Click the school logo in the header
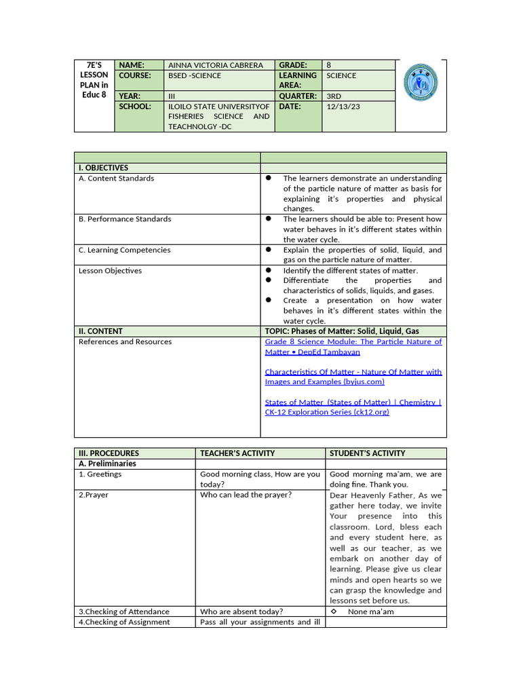point(420,83)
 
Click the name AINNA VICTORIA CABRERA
point(215,65)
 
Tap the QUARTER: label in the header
point(298,96)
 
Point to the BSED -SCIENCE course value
point(195,75)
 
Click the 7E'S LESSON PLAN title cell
point(94,79)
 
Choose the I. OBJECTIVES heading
point(104,168)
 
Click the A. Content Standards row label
point(116,179)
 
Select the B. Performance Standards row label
point(125,219)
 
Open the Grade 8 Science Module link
point(353,347)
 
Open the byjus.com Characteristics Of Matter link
point(353,377)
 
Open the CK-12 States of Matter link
point(353,407)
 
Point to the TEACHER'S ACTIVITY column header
point(237,453)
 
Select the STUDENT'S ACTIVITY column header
point(367,453)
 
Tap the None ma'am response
point(370,612)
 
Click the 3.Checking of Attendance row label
point(124,612)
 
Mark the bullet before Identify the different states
point(269,270)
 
